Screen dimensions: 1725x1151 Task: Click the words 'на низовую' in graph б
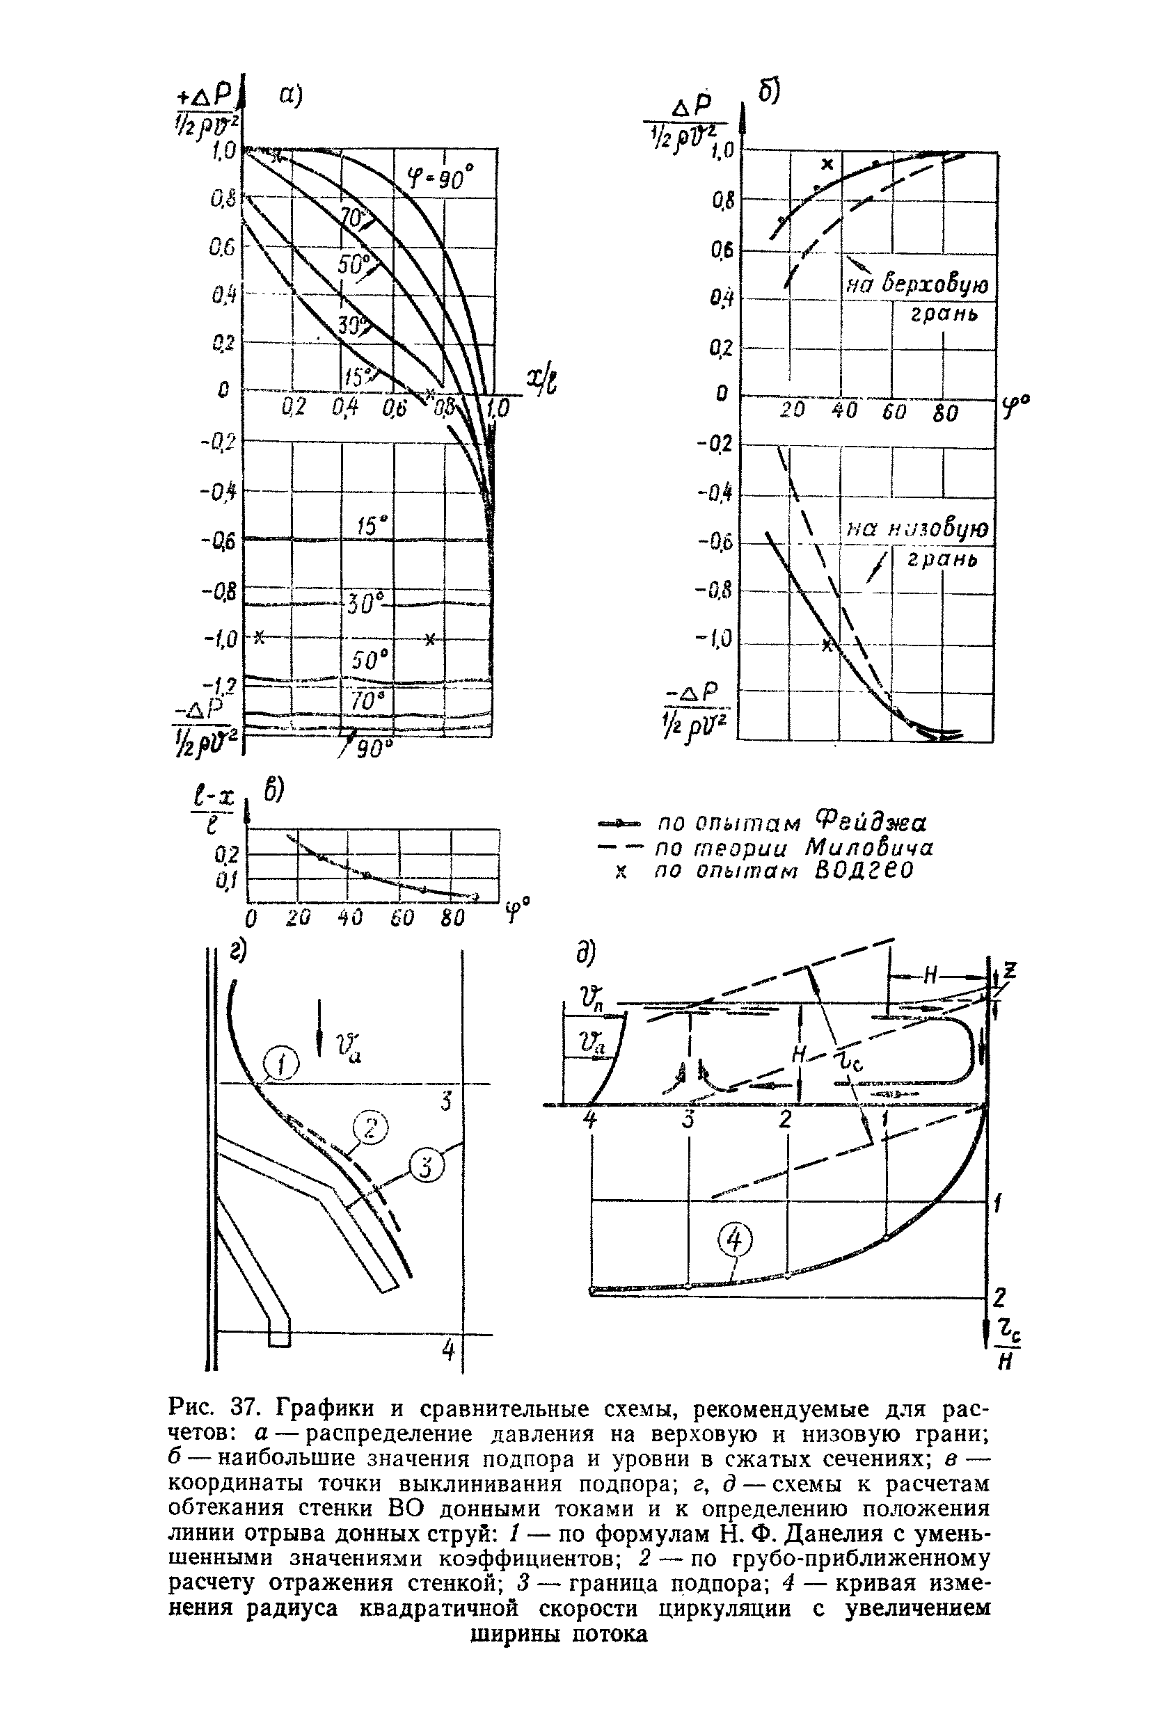coord(917,529)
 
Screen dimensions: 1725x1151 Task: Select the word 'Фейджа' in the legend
coord(871,820)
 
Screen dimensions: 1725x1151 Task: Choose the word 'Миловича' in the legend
coord(869,848)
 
